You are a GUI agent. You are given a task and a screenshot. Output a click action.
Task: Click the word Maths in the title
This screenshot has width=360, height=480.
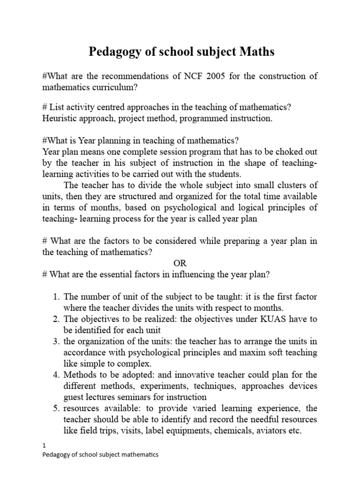coord(257,52)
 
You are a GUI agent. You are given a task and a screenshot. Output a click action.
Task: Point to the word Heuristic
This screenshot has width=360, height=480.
coord(60,119)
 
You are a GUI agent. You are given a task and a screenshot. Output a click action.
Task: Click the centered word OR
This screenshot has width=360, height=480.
coord(180,263)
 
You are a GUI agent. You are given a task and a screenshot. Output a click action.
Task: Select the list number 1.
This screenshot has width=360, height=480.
coord(56,297)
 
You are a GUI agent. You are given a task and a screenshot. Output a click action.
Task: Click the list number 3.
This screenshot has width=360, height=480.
coord(56,341)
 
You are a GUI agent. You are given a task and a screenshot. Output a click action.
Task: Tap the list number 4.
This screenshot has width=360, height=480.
coord(56,375)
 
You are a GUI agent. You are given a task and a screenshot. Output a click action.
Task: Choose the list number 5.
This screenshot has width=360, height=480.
coord(56,408)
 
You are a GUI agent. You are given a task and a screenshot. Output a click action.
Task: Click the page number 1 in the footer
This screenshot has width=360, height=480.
coord(44,447)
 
